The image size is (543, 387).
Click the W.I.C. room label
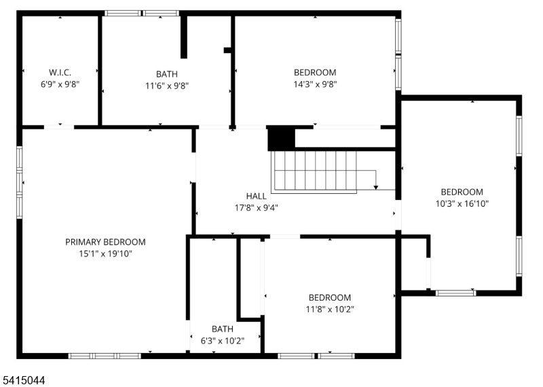tap(60, 73)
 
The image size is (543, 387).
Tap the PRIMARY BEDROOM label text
tap(105, 242)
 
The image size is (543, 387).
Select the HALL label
tap(256, 197)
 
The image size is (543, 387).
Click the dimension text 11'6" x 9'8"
tap(166, 86)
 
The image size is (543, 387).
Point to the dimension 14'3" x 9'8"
tap(314, 84)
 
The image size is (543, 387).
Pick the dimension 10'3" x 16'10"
tap(462, 203)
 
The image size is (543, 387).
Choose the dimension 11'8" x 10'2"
tap(329, 309)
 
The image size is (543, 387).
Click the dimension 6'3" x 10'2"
tap(222, 341)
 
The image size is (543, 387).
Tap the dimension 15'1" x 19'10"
tap(105, 254)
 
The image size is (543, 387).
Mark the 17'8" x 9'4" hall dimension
tap(256, 208)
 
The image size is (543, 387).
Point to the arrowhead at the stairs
tap(375, 186)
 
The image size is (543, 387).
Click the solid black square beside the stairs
tap(281, 139)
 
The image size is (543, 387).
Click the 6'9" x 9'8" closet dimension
tap(60, 85)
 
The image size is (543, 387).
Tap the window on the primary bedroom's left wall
tap(20, 182)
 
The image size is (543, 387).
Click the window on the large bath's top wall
tap(142, 13)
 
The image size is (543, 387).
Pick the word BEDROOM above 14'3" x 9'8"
tap(314, 73)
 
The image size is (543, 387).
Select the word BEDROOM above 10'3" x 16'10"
tap(462, 192)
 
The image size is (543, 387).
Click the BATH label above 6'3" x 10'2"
tap(222, 329)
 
